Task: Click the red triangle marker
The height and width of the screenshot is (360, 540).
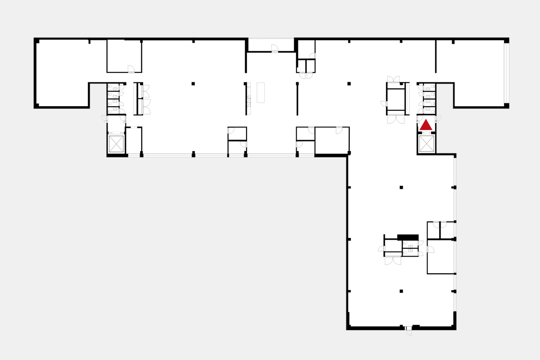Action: click(426, 125)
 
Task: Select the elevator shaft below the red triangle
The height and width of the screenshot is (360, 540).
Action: click(426, 144)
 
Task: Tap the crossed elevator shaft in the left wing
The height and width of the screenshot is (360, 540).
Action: click(116, 144)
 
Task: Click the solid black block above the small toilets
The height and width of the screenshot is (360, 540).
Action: click(408, 237)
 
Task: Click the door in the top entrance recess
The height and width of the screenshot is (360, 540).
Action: click(274, 48)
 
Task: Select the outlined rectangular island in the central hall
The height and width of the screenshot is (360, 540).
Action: click(261, 92)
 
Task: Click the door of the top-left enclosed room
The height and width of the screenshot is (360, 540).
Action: click(131, 69)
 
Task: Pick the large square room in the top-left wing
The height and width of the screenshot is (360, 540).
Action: click(124, 56)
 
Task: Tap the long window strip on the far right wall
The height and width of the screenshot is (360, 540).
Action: click(506, 73)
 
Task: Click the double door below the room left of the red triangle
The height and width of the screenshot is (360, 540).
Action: click(396, 120)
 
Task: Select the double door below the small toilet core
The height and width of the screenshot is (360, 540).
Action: click(393, 260)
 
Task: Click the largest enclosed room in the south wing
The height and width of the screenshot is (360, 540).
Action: click(441, 256)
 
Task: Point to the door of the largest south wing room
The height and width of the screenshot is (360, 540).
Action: click(430, 249)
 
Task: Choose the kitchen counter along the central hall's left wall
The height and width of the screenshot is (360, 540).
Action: click(248, 99)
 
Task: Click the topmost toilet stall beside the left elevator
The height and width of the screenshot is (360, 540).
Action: click(113, 87)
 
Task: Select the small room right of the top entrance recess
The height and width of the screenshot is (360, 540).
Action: click(306, 49)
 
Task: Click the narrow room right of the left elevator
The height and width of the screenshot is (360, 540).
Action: click(134, 141)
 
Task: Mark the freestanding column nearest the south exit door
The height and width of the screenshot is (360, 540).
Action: click(401, 291)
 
